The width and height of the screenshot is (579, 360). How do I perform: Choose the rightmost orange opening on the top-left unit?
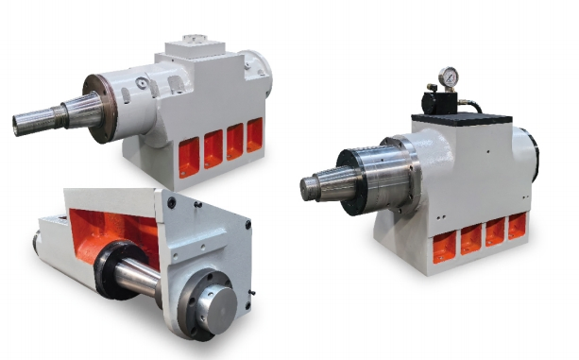pos(253,134)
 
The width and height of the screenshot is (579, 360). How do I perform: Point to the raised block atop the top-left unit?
pos(195,47)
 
